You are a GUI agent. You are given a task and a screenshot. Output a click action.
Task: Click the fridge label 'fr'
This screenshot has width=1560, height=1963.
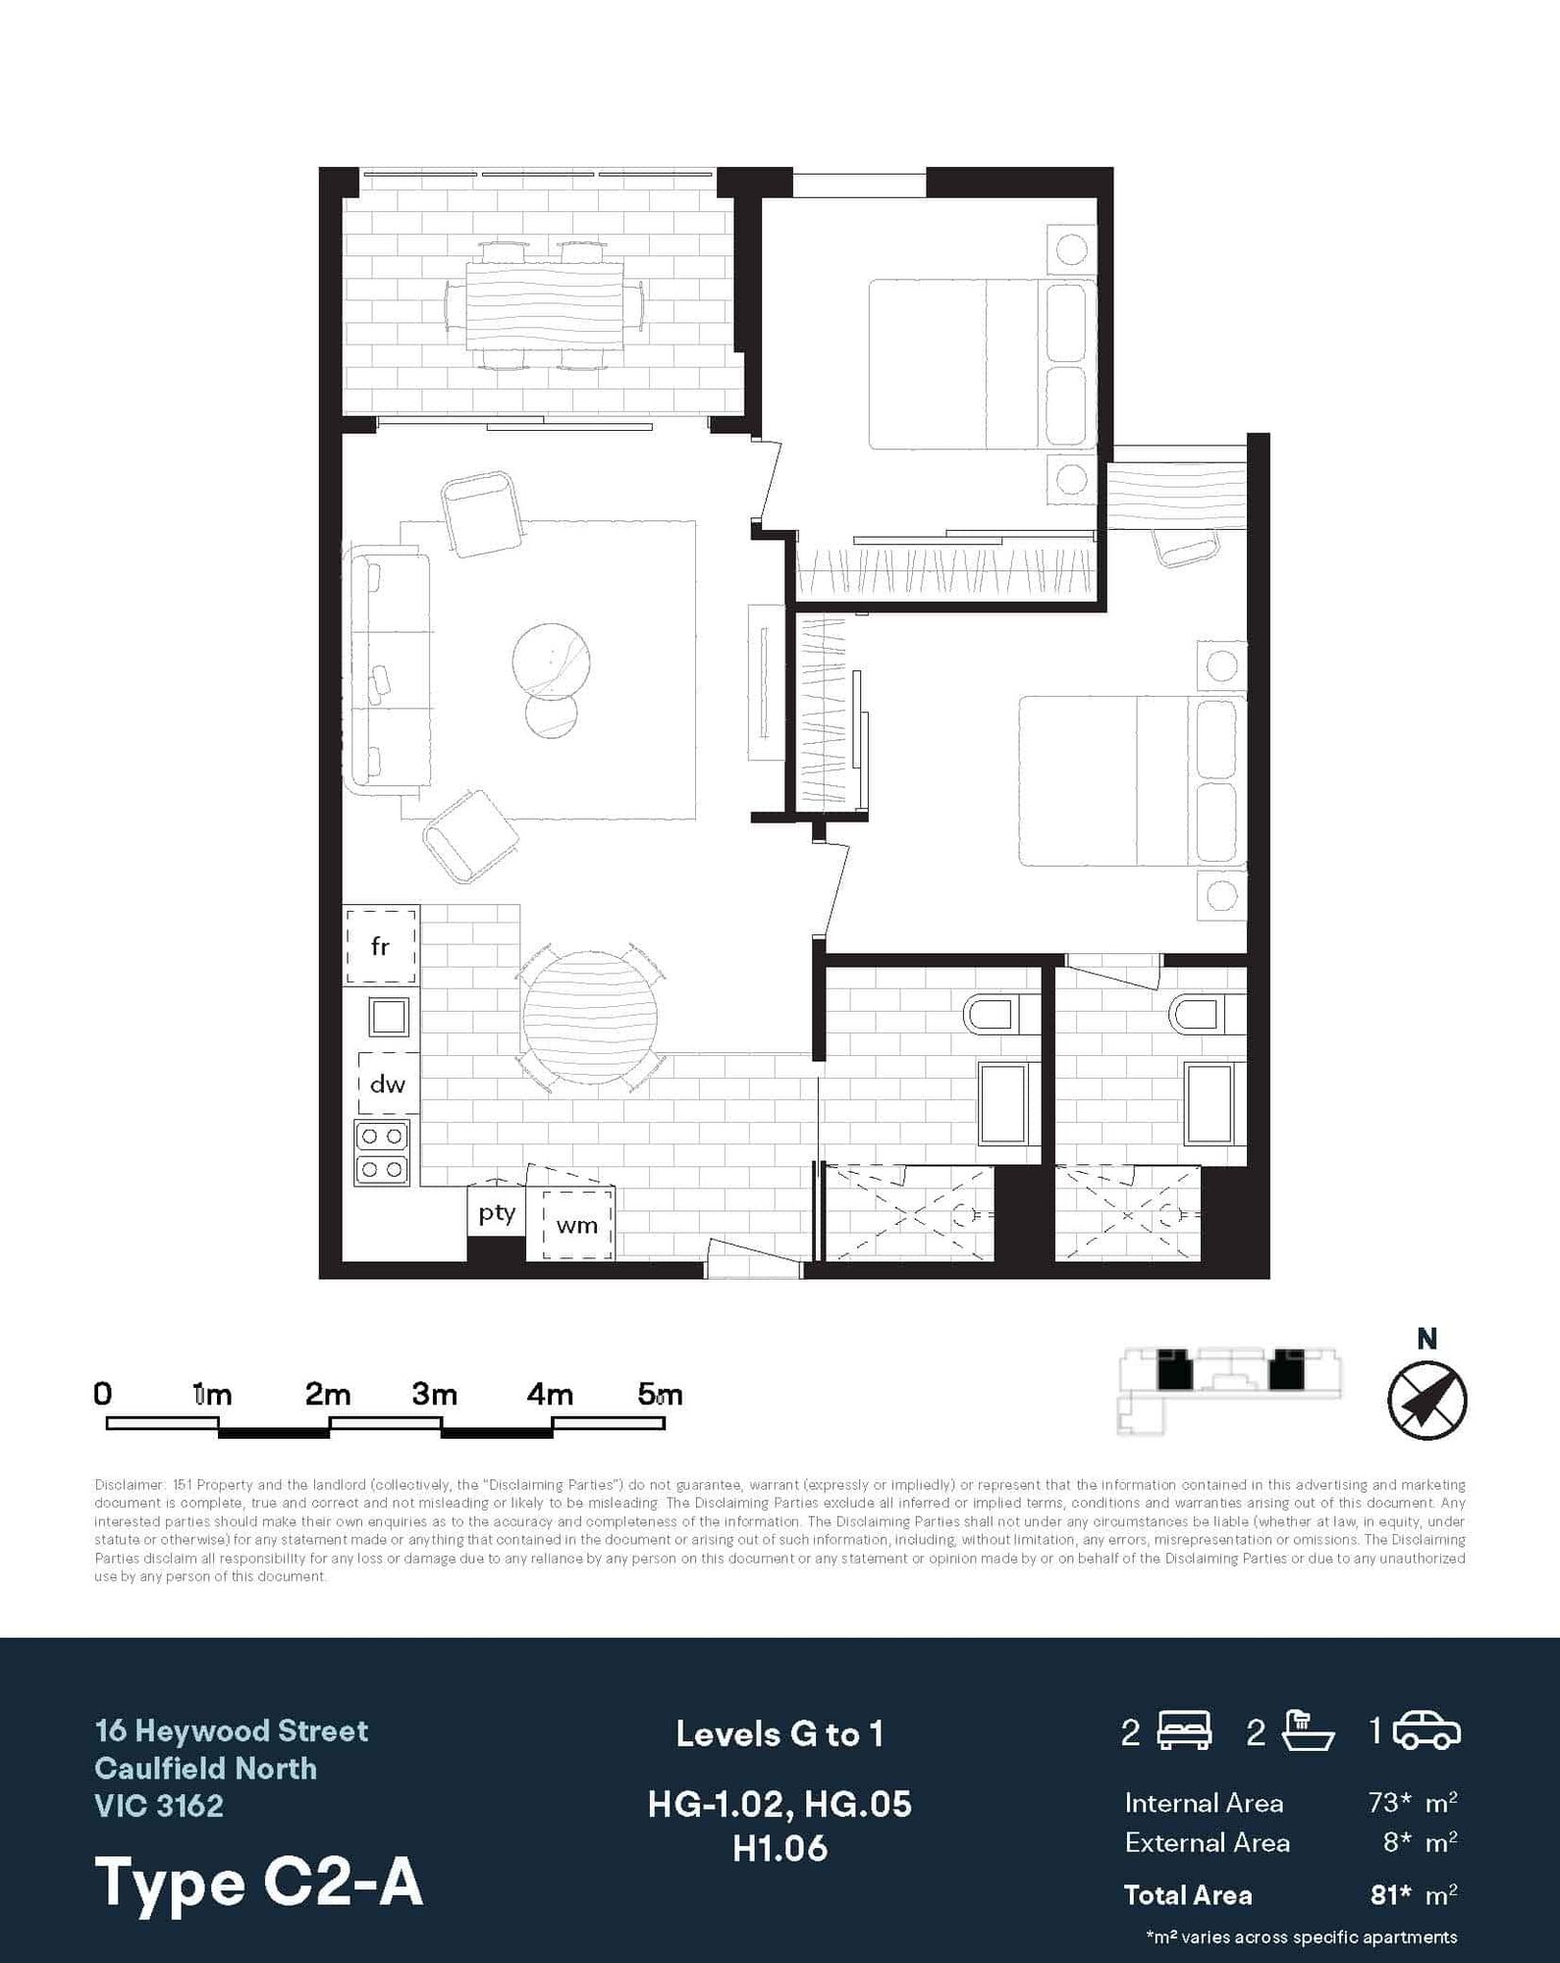[x=380, y=946]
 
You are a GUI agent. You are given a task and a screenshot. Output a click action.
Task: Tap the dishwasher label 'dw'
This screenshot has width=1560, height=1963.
[x=387, y=1084]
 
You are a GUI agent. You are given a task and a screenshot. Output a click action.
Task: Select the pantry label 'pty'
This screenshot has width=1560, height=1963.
[x=497, y=1214]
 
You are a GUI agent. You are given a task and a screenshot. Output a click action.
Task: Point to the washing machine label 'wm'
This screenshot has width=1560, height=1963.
[x=576, y=1225]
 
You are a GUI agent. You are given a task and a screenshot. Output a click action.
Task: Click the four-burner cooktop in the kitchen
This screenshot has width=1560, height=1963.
[x=382, y=1152]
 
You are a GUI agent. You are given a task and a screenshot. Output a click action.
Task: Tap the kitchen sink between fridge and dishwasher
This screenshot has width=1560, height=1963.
[x=389, y=1017]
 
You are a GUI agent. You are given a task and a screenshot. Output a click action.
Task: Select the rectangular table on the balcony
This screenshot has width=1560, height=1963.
[x=545, y=304]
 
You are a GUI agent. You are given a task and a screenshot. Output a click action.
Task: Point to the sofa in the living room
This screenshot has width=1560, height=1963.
[x=388, y=672]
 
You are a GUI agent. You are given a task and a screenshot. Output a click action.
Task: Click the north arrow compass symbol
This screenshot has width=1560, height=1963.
[x=1426, y=1400]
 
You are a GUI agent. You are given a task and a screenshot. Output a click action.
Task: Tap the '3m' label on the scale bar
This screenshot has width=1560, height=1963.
[x=434, y=1394]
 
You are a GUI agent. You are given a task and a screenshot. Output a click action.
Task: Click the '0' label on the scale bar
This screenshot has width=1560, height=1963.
[x=102, y=1394]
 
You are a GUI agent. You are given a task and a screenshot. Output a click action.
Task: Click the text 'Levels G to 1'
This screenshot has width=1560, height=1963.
[x=780, y=1735]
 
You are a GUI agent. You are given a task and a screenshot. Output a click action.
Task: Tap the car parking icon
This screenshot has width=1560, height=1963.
[x=1426, y=1731]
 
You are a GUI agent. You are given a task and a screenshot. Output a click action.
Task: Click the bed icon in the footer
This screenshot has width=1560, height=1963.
[x=1185, y=1731]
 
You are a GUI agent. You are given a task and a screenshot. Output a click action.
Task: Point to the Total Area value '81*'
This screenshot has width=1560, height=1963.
[x=1391, y=1894]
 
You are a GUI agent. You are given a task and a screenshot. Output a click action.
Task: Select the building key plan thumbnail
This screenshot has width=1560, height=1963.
[x=1230, y=1391]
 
